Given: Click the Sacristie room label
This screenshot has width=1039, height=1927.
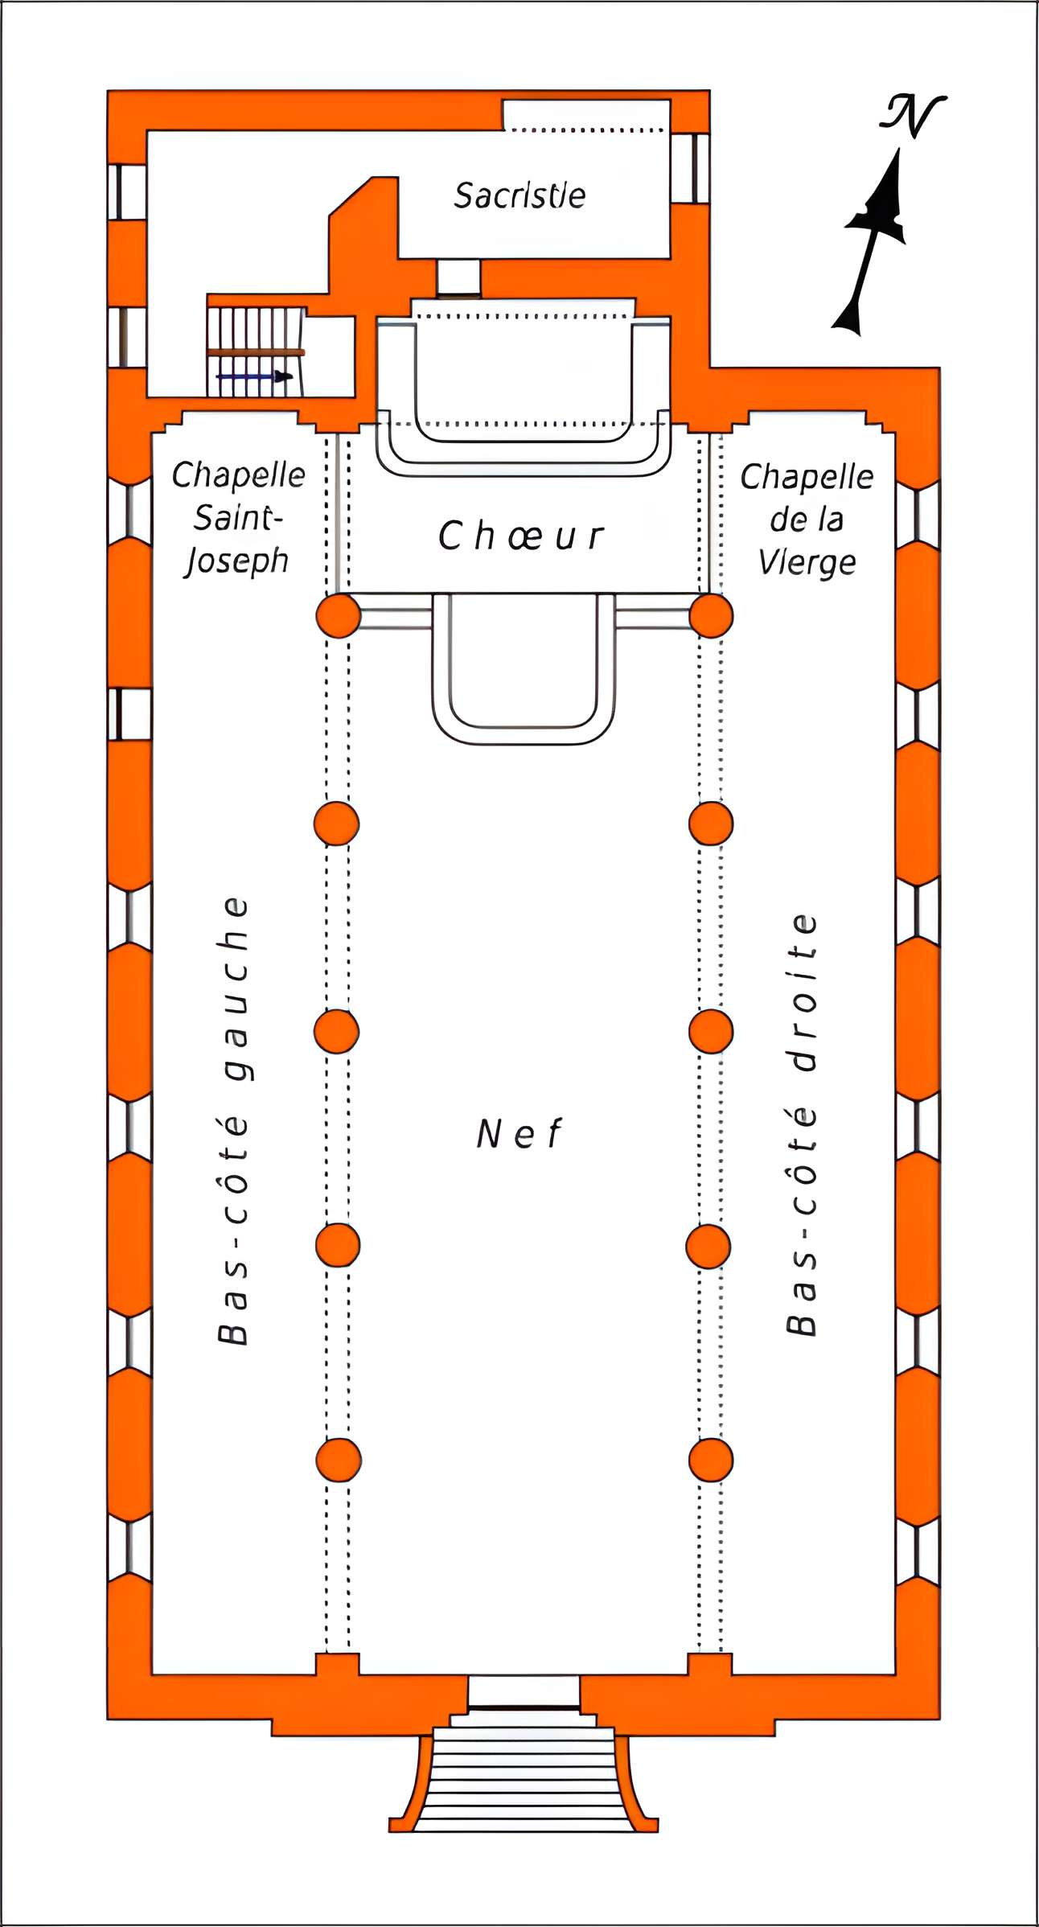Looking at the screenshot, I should click(x=519, y=195).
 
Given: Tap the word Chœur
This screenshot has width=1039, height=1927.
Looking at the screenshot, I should click(x=520, y=536).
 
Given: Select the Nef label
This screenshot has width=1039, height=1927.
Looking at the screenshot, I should click(x=519, y=1134).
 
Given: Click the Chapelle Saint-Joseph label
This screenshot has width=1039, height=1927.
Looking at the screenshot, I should click(x=238, y=518).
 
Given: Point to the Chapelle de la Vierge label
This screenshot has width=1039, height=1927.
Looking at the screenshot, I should click(x=807, y=520).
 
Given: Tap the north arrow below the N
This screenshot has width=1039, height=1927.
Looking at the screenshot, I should click(x=873, y=241).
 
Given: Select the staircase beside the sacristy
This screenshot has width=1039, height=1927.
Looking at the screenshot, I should click(x=255, y=352).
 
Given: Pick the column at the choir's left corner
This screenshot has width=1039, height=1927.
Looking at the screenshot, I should click(x=338, y=616).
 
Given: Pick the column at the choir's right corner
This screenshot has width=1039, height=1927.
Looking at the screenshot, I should click(x=712, y=616).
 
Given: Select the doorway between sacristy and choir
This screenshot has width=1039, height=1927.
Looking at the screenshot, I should click(x=458, y=278).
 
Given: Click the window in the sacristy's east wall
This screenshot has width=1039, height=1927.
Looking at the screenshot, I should click(x=690, y=168).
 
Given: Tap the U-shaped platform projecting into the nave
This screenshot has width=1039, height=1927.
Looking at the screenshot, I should click(x=524, y=668).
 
